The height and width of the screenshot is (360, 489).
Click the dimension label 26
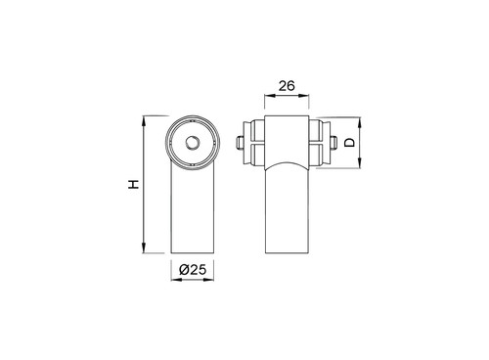coord(287,86)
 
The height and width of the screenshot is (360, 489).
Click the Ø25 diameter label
coord(193,270)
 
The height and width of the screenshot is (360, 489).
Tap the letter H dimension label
coord(133,184)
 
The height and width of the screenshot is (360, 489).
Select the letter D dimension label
coord(349,143)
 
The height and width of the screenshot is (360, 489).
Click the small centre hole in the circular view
coord(193,143)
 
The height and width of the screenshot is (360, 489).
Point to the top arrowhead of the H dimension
coord(144,121)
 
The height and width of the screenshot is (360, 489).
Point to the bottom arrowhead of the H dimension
coord(144,247)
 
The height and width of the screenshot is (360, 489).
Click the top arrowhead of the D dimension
coord(360,123)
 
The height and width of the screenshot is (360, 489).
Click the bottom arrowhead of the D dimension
coord(360,163)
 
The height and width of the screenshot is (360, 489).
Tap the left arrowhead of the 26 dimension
coord(270,96)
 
